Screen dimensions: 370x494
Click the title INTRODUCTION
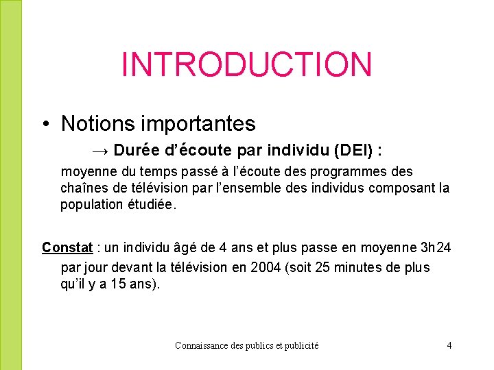click(x=246, y=64)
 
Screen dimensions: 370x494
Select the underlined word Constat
click(x=67, y=247)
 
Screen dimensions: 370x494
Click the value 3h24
click(x=435, y=247)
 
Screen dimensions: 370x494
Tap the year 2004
click(x=264, y=267)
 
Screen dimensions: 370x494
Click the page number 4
click(x=449, y=345)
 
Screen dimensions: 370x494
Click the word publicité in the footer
click(x=301, y=346)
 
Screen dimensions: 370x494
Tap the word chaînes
click(x=84, y=188)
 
